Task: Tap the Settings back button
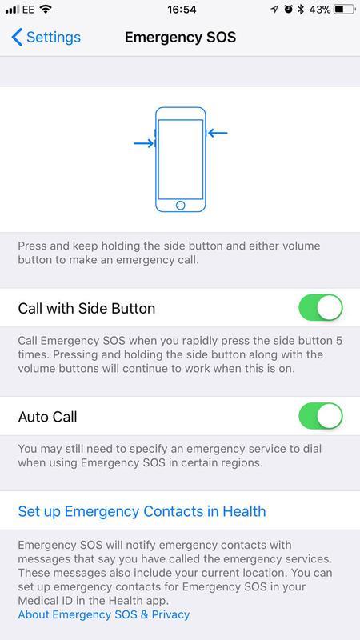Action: [46, 37]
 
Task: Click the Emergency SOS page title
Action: [181, 37]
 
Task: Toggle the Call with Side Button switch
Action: [321, 307]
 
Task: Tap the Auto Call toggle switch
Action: [321, 416]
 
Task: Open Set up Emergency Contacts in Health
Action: [142, 511]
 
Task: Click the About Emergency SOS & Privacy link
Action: [104, 614]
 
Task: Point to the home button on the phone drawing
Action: [181, 205]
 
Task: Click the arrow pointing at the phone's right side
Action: [218, 133]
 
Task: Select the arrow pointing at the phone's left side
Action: [144, 143]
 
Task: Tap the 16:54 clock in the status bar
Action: [182, 10]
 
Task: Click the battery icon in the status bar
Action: [345, 10]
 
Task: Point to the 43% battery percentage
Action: [319, 10]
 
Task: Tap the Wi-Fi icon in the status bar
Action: [46, 9]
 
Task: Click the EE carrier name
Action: [28, 10]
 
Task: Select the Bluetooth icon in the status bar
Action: [301, 10]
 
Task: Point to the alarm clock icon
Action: [289, 10]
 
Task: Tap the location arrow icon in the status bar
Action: [274, 10]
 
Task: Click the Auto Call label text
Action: [48, 417]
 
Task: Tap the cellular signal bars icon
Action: [12, 10]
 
